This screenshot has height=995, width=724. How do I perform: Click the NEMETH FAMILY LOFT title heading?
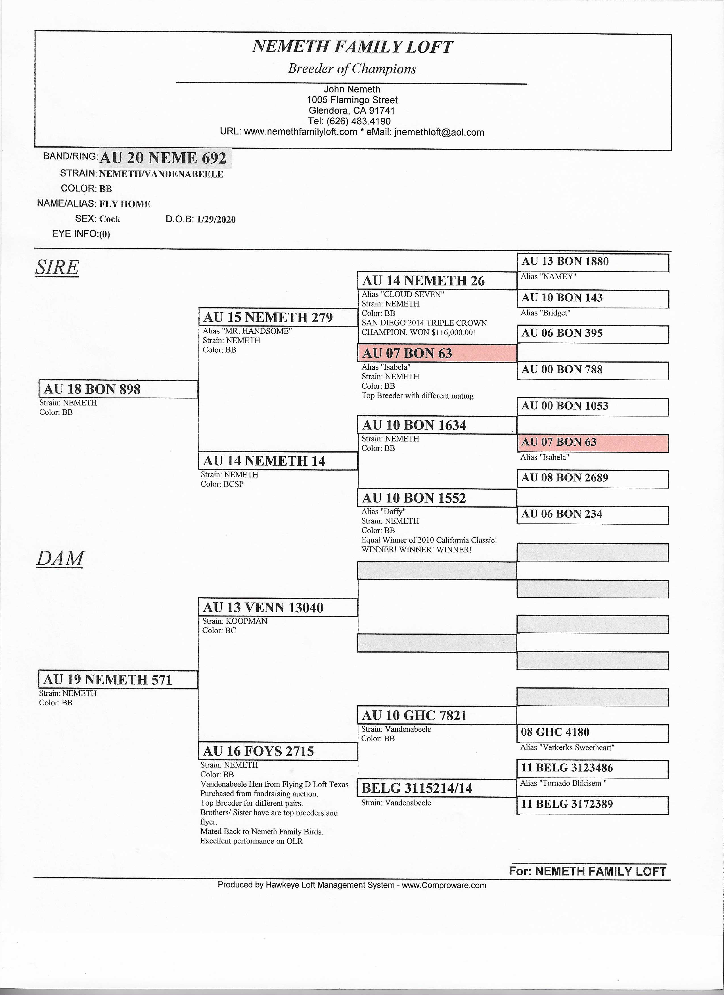pos(352,47)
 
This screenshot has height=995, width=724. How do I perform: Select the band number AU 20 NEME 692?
pos(163,158)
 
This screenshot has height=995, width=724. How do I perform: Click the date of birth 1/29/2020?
pos(216,219)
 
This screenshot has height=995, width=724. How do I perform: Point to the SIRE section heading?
pos(57,267)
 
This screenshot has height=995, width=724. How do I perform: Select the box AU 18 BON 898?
pos(118,389)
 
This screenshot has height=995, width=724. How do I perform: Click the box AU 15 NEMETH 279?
pos(278,317)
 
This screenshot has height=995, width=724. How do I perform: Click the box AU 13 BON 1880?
pos(593,262)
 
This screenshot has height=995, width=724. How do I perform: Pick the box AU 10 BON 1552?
pos(437,498)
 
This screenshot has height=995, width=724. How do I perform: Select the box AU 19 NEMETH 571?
pos(118,680)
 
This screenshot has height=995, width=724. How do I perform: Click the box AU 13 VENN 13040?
pos(278,608)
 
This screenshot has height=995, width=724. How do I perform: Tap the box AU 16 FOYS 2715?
pos(278,752)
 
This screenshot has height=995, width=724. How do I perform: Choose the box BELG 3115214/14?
pos(437,788)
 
